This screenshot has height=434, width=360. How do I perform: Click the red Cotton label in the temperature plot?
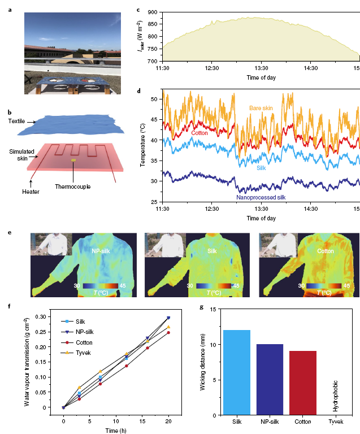tap(199, 133)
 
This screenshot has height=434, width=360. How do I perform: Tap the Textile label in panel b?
tap(20, 121)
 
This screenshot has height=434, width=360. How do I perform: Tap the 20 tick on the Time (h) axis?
tap(168, 420)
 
